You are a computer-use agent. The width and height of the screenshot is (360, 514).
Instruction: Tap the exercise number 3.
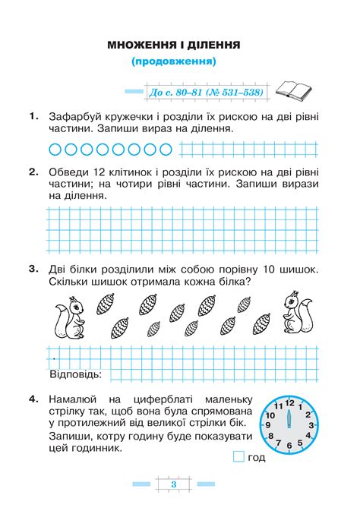click(32, 269)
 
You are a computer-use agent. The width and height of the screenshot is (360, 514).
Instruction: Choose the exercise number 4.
click(32, 397)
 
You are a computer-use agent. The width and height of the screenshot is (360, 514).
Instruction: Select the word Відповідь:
click(76, 375)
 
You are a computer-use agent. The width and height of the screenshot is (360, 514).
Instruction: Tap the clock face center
click(288, 424)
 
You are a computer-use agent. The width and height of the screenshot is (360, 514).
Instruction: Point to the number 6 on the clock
click(289, 446)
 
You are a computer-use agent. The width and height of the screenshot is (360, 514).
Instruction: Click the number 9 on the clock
click(267, 425)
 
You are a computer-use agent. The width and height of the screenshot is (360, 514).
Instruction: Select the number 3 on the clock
click(309, 425)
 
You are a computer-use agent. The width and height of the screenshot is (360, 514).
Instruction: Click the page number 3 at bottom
click(174, 484)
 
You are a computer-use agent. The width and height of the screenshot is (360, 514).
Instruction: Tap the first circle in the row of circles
click(55, 147)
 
